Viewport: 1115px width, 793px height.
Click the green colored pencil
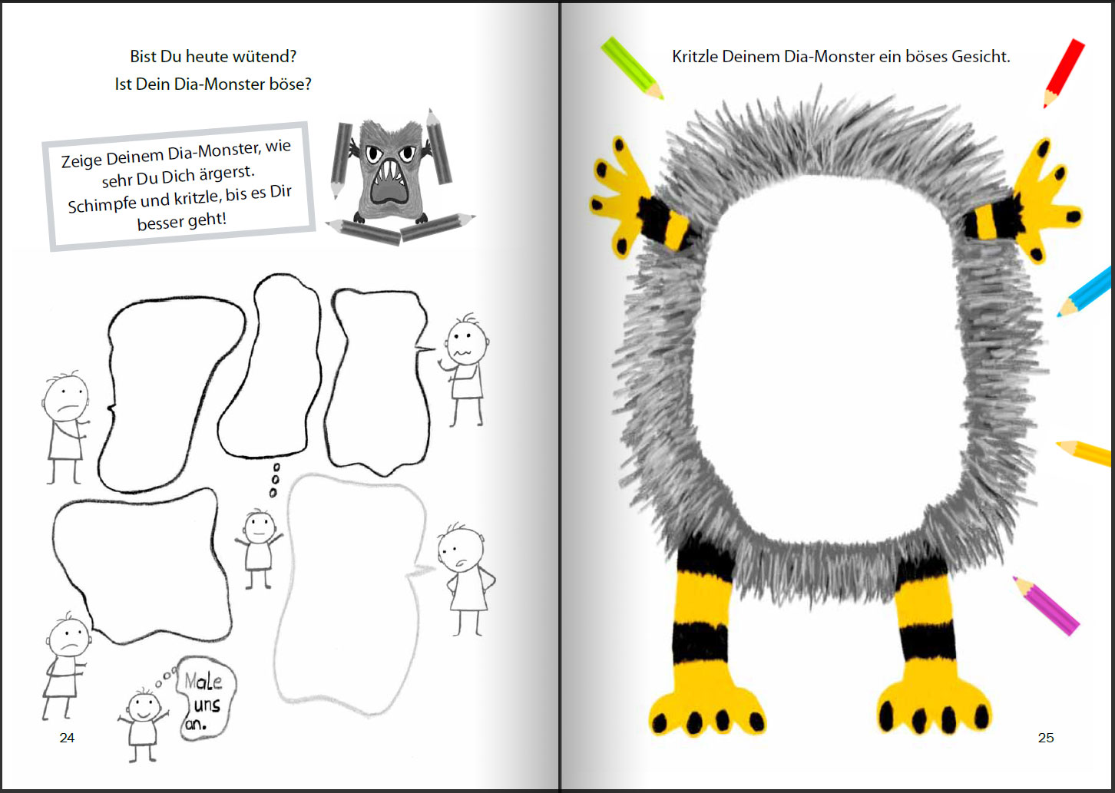pos(631,67)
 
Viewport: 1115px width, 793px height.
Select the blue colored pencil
pos(1085,292)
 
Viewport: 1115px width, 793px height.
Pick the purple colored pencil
pos(1045,604)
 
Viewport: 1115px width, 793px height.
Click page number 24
pos(67,738)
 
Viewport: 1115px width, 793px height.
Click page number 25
pos(1046,738)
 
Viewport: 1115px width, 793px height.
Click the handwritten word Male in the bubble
pos(203,681)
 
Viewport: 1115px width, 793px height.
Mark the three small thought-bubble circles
pos(275,480)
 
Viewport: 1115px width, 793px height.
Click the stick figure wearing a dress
pos(465,576)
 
